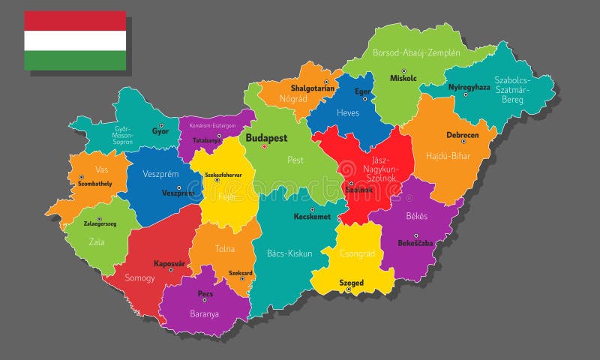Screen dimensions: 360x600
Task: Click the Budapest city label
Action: tap(266, 138)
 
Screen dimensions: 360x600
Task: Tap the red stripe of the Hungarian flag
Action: tap(75, 20)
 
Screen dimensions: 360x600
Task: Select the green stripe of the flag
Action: tap(75, 60)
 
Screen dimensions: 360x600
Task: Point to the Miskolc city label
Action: tap(403, 78)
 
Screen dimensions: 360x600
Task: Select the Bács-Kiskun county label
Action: tap(289, 253)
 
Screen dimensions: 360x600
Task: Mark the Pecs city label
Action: tap(205, 294)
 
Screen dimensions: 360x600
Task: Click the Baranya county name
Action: tap(204, 313)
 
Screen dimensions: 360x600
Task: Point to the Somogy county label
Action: tap(139, 277)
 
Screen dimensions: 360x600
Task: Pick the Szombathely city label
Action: tap(94, 184)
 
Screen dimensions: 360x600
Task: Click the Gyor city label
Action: tap(160, 131)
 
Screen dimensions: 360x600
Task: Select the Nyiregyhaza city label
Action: tap(469, 87)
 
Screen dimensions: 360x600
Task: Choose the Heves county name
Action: tap(347, 113)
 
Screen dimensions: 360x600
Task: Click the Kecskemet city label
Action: tap(312, 216)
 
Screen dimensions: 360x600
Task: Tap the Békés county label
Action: tap(416, 216)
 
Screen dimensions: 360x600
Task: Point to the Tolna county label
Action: tap(224, 248)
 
